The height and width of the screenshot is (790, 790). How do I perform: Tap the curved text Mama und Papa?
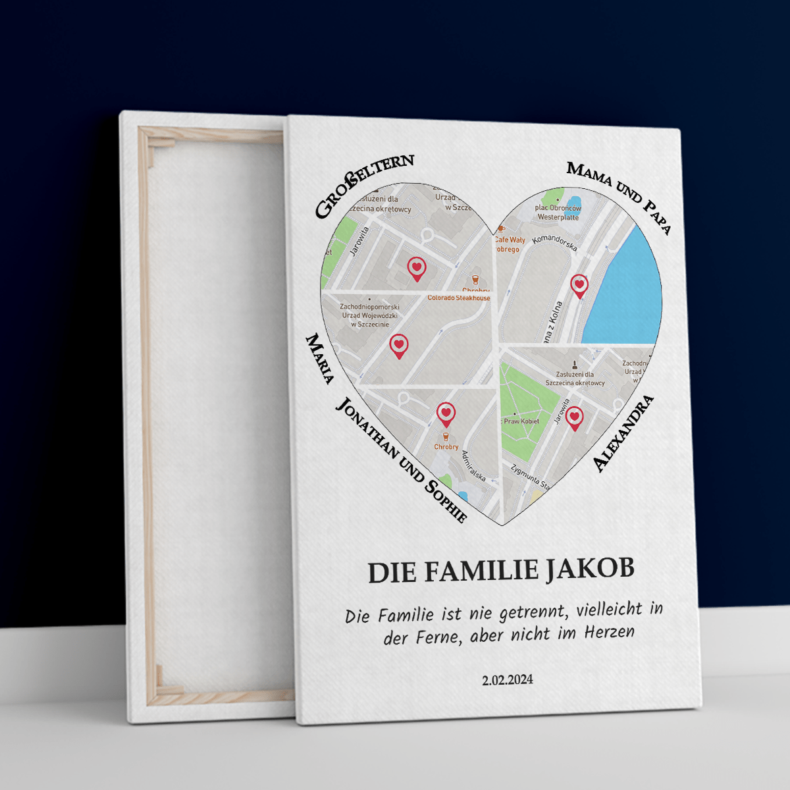pos(619,194)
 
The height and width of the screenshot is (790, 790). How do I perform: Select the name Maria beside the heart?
pos(320,358)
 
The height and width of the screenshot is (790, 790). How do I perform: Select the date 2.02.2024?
pos(507,680)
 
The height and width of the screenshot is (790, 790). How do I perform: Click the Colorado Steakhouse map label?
pos(459,298)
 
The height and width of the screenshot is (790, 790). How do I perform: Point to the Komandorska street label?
pos(554,242)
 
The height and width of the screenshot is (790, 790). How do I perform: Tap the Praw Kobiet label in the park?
pos(521,421)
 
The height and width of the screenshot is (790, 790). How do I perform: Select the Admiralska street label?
pos(473,465)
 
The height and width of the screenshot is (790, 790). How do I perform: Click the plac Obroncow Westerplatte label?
pos(558,212)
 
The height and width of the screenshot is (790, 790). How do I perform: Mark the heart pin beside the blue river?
pos(579,285)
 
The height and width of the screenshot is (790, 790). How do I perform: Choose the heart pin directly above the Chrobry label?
pos(446,413)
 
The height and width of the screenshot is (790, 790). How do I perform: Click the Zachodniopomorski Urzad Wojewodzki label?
pos(369,315)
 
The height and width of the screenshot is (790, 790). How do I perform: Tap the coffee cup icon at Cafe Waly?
pos(501,229)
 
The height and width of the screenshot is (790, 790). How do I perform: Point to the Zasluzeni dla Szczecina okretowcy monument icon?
pos(575,364)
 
